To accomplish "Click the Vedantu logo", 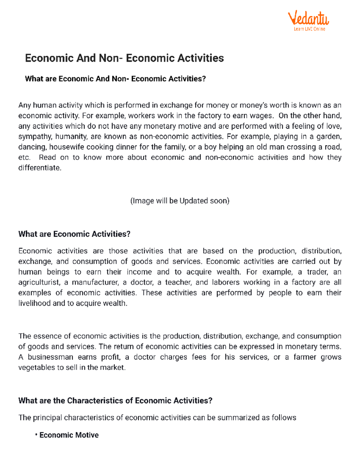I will click(x=308, y=19).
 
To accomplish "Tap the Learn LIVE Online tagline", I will click(x=309, y=29).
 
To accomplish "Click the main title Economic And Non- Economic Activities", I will click(x=124, y=58).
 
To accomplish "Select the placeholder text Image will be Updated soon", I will click(x=180, y=201).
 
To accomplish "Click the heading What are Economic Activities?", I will click(x=74, y=234).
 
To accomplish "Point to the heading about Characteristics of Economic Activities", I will click(x=115, y=401).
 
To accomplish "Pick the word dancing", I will click(x=33, y=147).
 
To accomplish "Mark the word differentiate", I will click(x=39, y=168).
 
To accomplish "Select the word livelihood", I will click(x=34, y=303).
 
